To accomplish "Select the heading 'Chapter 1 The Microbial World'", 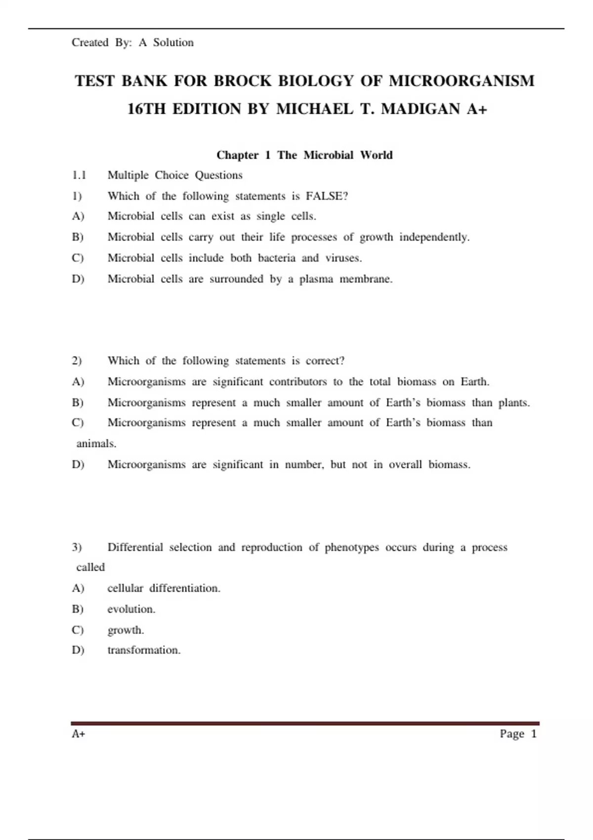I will pos(304,155).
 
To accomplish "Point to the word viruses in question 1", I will pos(343,258).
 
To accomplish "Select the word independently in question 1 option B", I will pos(434,237).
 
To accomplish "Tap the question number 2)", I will pos(77,361).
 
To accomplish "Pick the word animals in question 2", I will pos(96,444).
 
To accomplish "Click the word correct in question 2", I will pos(325,361).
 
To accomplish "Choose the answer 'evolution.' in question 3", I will pos(131,609).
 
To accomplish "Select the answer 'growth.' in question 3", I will pos(126,630).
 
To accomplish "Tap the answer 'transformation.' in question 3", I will pos(144,650).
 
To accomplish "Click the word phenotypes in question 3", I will pos(352,547).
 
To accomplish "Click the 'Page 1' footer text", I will pos(518,734).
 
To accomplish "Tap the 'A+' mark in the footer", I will pos(79,734).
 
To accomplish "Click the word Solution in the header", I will pos(173,42).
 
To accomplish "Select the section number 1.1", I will pos(79,175).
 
